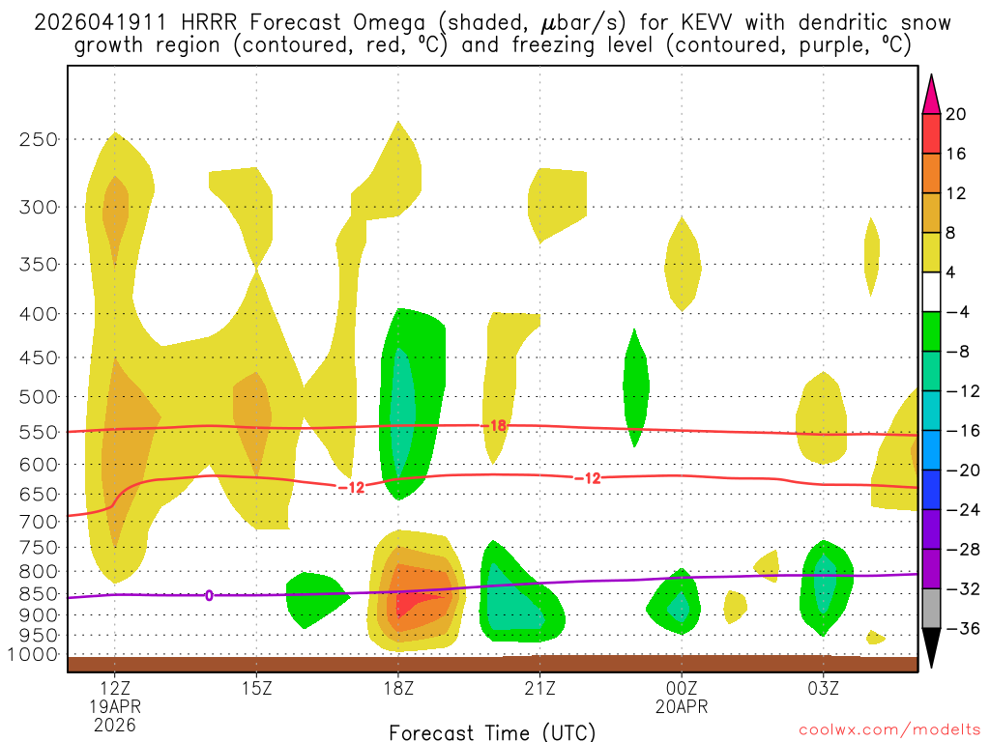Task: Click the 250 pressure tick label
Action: tap(39, 139)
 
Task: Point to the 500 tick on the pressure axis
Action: tap(39, 396)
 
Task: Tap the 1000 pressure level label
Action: tap(34, 655)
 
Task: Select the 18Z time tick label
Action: tap(398, 689)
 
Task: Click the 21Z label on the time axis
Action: tap(539, 689)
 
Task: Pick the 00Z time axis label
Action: tap(682, 689)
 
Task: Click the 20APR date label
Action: tap(682, 707)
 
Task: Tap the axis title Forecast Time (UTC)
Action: tap(492, 731)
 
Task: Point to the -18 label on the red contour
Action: tap(495, 425)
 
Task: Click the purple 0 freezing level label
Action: tap(209, 595)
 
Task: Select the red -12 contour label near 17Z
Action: tap(351, 487)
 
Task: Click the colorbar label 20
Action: tap(956, 114)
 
